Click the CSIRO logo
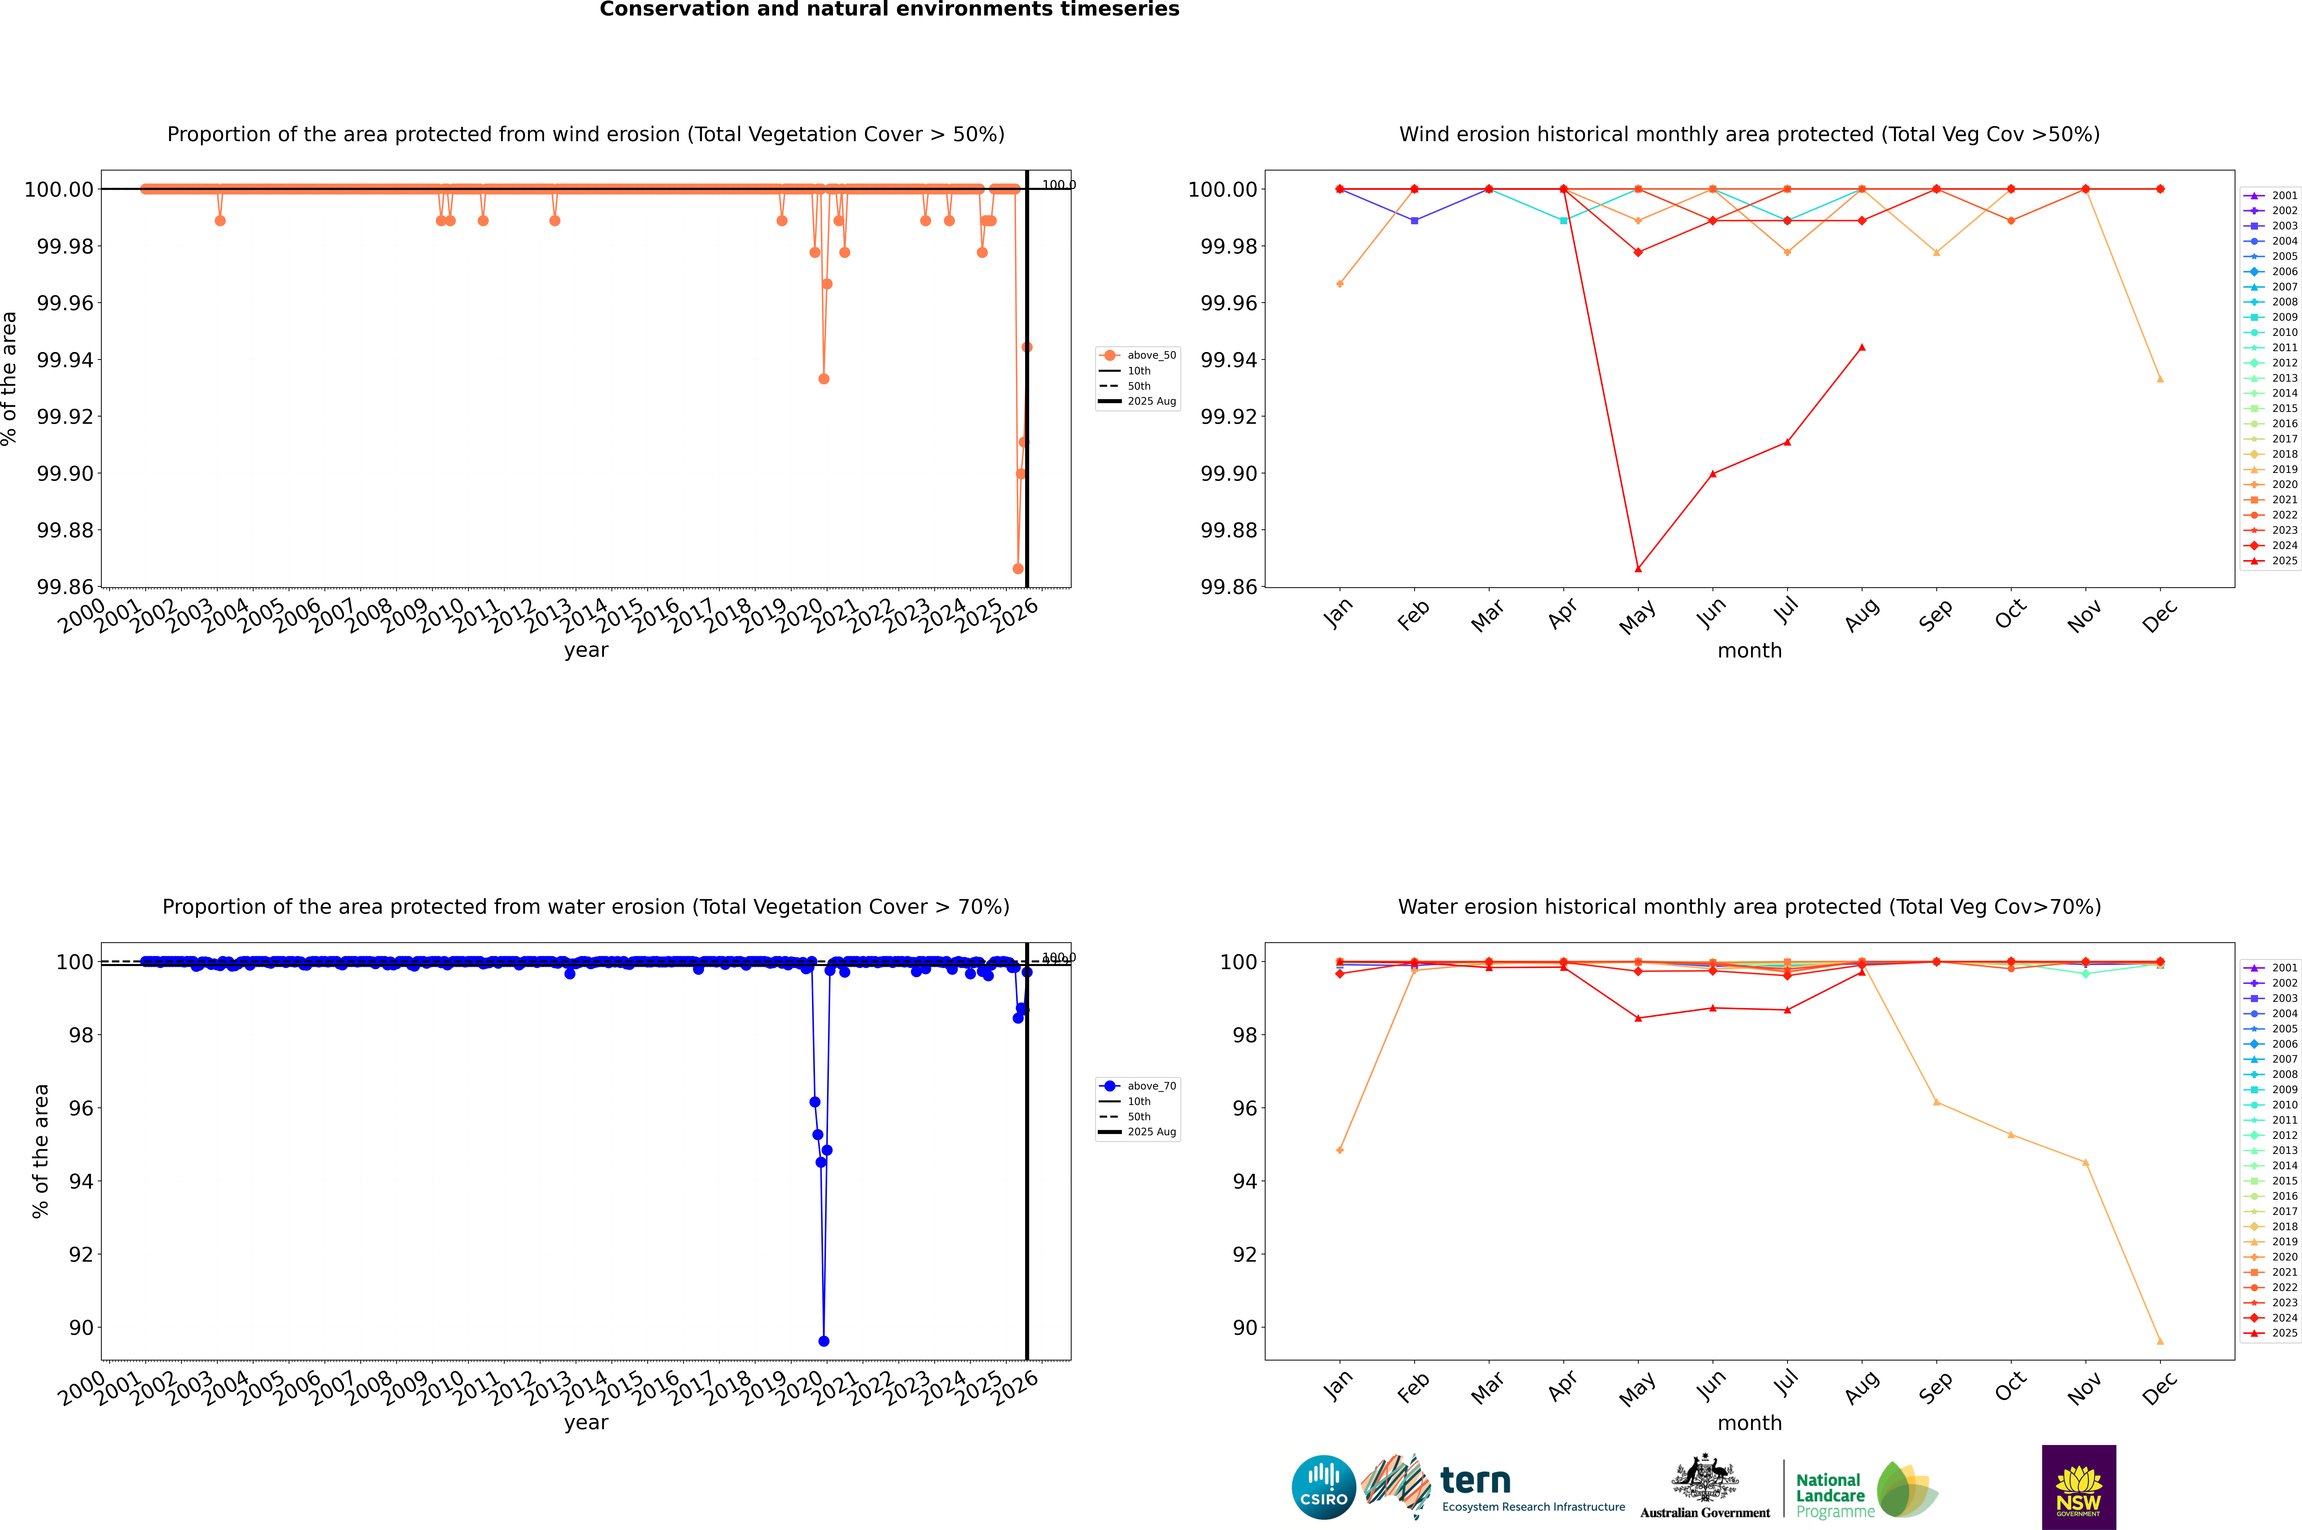coord(1323,1487)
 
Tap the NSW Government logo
coord(2078,1487)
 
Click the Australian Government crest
coord(1705,1481)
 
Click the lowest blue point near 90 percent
coord(824,1341)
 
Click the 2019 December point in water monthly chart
coord(2160,1341)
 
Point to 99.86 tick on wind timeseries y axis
coord(64,587)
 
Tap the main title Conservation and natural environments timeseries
coord(889,10)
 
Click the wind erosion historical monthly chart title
coord(1749,135)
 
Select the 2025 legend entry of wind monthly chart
coord(2274,561)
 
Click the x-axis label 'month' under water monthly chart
coord(1749,1423)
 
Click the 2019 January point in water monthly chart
coord(1340,1150)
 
